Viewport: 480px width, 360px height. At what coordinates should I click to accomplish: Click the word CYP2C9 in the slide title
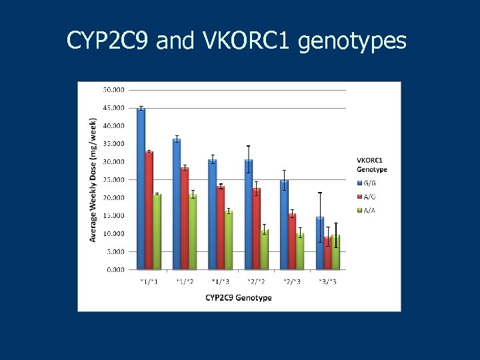coord(108,41)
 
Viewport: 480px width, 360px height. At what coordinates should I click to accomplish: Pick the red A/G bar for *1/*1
coord(149,211)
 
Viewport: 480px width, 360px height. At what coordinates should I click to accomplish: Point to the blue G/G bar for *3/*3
coord(320,243)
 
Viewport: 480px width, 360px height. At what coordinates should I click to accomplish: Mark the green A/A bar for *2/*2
coord(265,250)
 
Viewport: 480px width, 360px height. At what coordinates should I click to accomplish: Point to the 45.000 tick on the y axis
coord(113,107)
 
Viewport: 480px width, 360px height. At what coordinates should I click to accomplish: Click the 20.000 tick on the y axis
coord(113,198)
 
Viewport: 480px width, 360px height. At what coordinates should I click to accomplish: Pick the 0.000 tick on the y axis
coord(115,270)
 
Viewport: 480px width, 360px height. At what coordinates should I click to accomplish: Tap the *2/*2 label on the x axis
coord(257,281)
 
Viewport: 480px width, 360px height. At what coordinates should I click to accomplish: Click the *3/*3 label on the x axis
coord(328,281)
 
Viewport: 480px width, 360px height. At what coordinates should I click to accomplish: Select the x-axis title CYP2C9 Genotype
coord(239,297)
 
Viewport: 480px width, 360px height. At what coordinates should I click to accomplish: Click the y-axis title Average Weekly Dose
coord(94,180)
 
